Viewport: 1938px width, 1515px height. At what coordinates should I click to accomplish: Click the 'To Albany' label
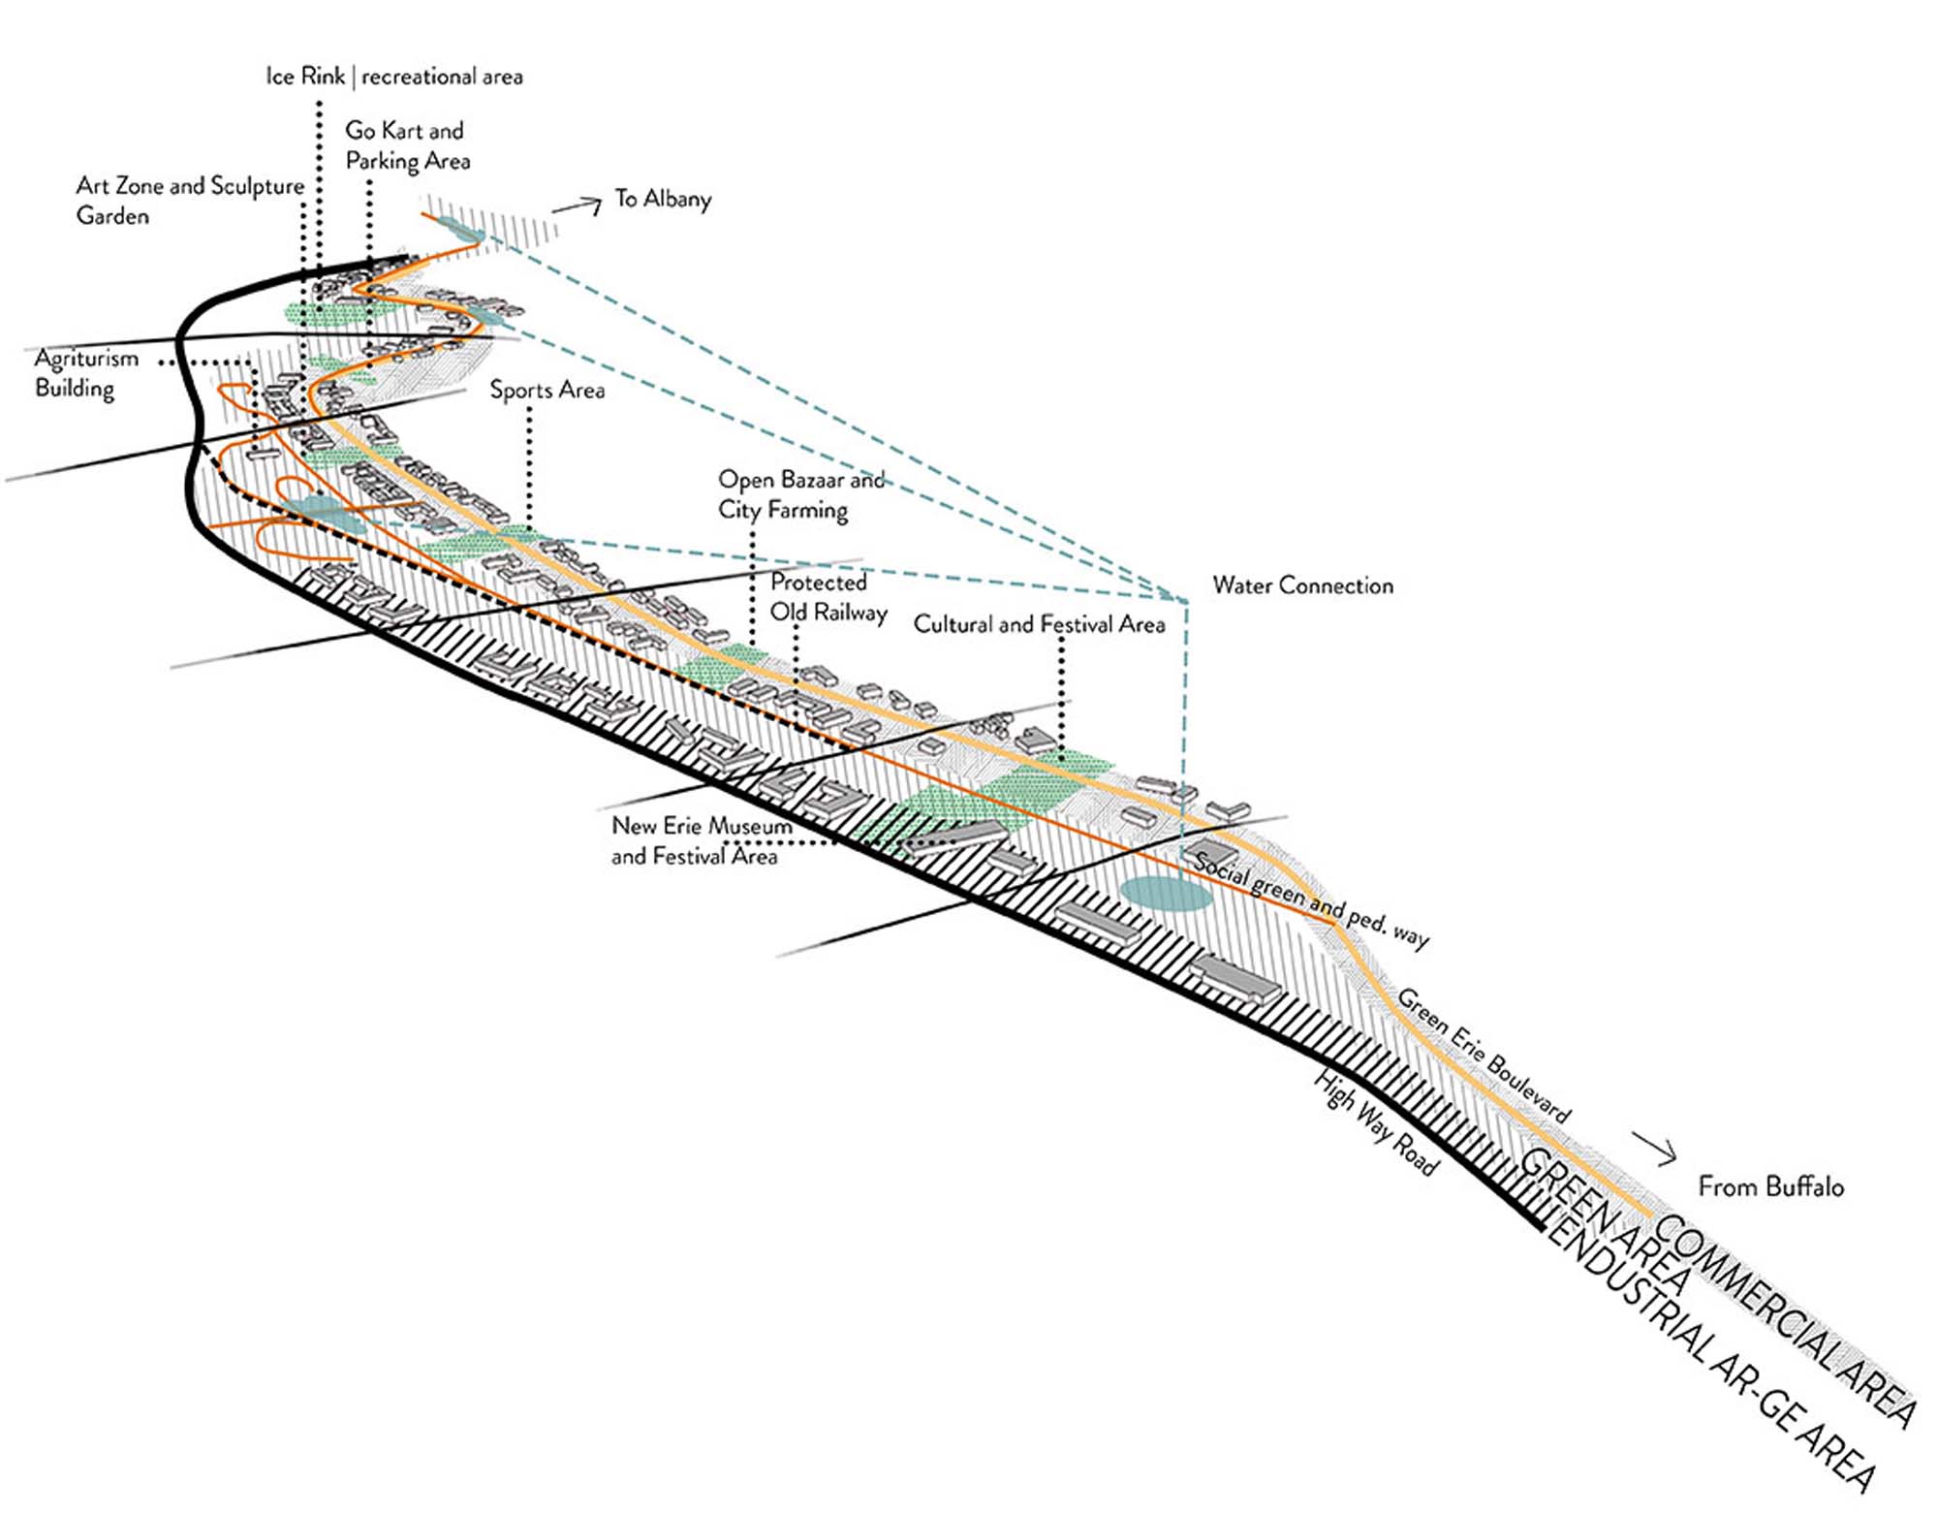[x=663, y=199]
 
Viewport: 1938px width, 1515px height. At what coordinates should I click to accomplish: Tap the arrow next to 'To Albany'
[x=578, y=205]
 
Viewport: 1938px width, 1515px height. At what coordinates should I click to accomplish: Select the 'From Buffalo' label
[x=1770, y=1186]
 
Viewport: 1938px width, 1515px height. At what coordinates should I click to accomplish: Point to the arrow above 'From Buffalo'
[x=1655, y=1148]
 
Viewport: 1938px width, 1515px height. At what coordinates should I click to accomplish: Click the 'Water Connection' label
[x=1302, y=585]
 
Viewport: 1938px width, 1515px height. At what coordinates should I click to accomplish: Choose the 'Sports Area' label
[x=547, y=390]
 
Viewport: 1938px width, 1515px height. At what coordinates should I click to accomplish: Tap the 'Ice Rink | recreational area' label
[x=394, y=77]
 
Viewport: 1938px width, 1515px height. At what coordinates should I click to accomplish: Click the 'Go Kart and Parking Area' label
[x=407, y=145]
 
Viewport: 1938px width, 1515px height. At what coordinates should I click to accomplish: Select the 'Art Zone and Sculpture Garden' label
[x=190, y=200]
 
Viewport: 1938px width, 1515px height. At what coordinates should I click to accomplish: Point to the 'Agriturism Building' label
[x=86, y=373]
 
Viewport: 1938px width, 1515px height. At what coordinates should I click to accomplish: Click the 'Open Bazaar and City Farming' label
[x=800, y=494]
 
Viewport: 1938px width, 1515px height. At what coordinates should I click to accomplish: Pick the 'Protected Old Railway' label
[x=828, y=597]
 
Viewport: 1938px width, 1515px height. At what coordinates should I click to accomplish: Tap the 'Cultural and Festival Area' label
[x=1039, y=624]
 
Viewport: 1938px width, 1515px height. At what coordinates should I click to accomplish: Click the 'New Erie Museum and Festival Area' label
[x=701, y=840]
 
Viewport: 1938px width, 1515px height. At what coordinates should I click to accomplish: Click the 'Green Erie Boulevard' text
[x=1483, y=1056]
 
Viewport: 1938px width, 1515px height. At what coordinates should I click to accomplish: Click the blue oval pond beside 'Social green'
[x=1166, y=893]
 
